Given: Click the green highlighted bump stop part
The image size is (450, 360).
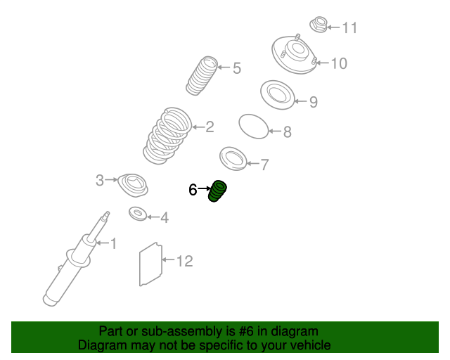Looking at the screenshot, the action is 217,191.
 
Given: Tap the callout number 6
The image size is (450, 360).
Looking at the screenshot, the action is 193,190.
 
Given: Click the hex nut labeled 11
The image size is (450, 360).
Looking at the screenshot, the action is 319,25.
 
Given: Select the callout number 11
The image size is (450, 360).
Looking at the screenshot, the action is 350,28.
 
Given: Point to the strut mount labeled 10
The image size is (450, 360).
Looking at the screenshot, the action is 294,55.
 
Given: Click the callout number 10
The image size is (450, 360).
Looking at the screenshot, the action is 339,63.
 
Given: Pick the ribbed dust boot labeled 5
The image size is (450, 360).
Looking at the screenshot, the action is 202,76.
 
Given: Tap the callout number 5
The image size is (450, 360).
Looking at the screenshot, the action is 237,68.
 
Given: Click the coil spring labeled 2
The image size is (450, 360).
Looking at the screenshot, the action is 167,136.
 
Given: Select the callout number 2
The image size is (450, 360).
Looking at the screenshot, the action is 210,127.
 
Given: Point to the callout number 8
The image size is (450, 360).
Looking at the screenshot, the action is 288,132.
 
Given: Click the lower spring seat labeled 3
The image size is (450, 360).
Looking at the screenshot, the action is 133,186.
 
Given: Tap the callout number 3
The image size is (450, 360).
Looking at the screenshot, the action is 100,180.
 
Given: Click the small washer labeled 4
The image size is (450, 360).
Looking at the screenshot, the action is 138,214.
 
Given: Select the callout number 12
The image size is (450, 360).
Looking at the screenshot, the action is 184,262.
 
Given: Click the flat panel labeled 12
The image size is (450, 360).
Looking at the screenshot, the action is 150,264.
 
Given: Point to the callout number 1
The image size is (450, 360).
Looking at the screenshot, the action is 114,243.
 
